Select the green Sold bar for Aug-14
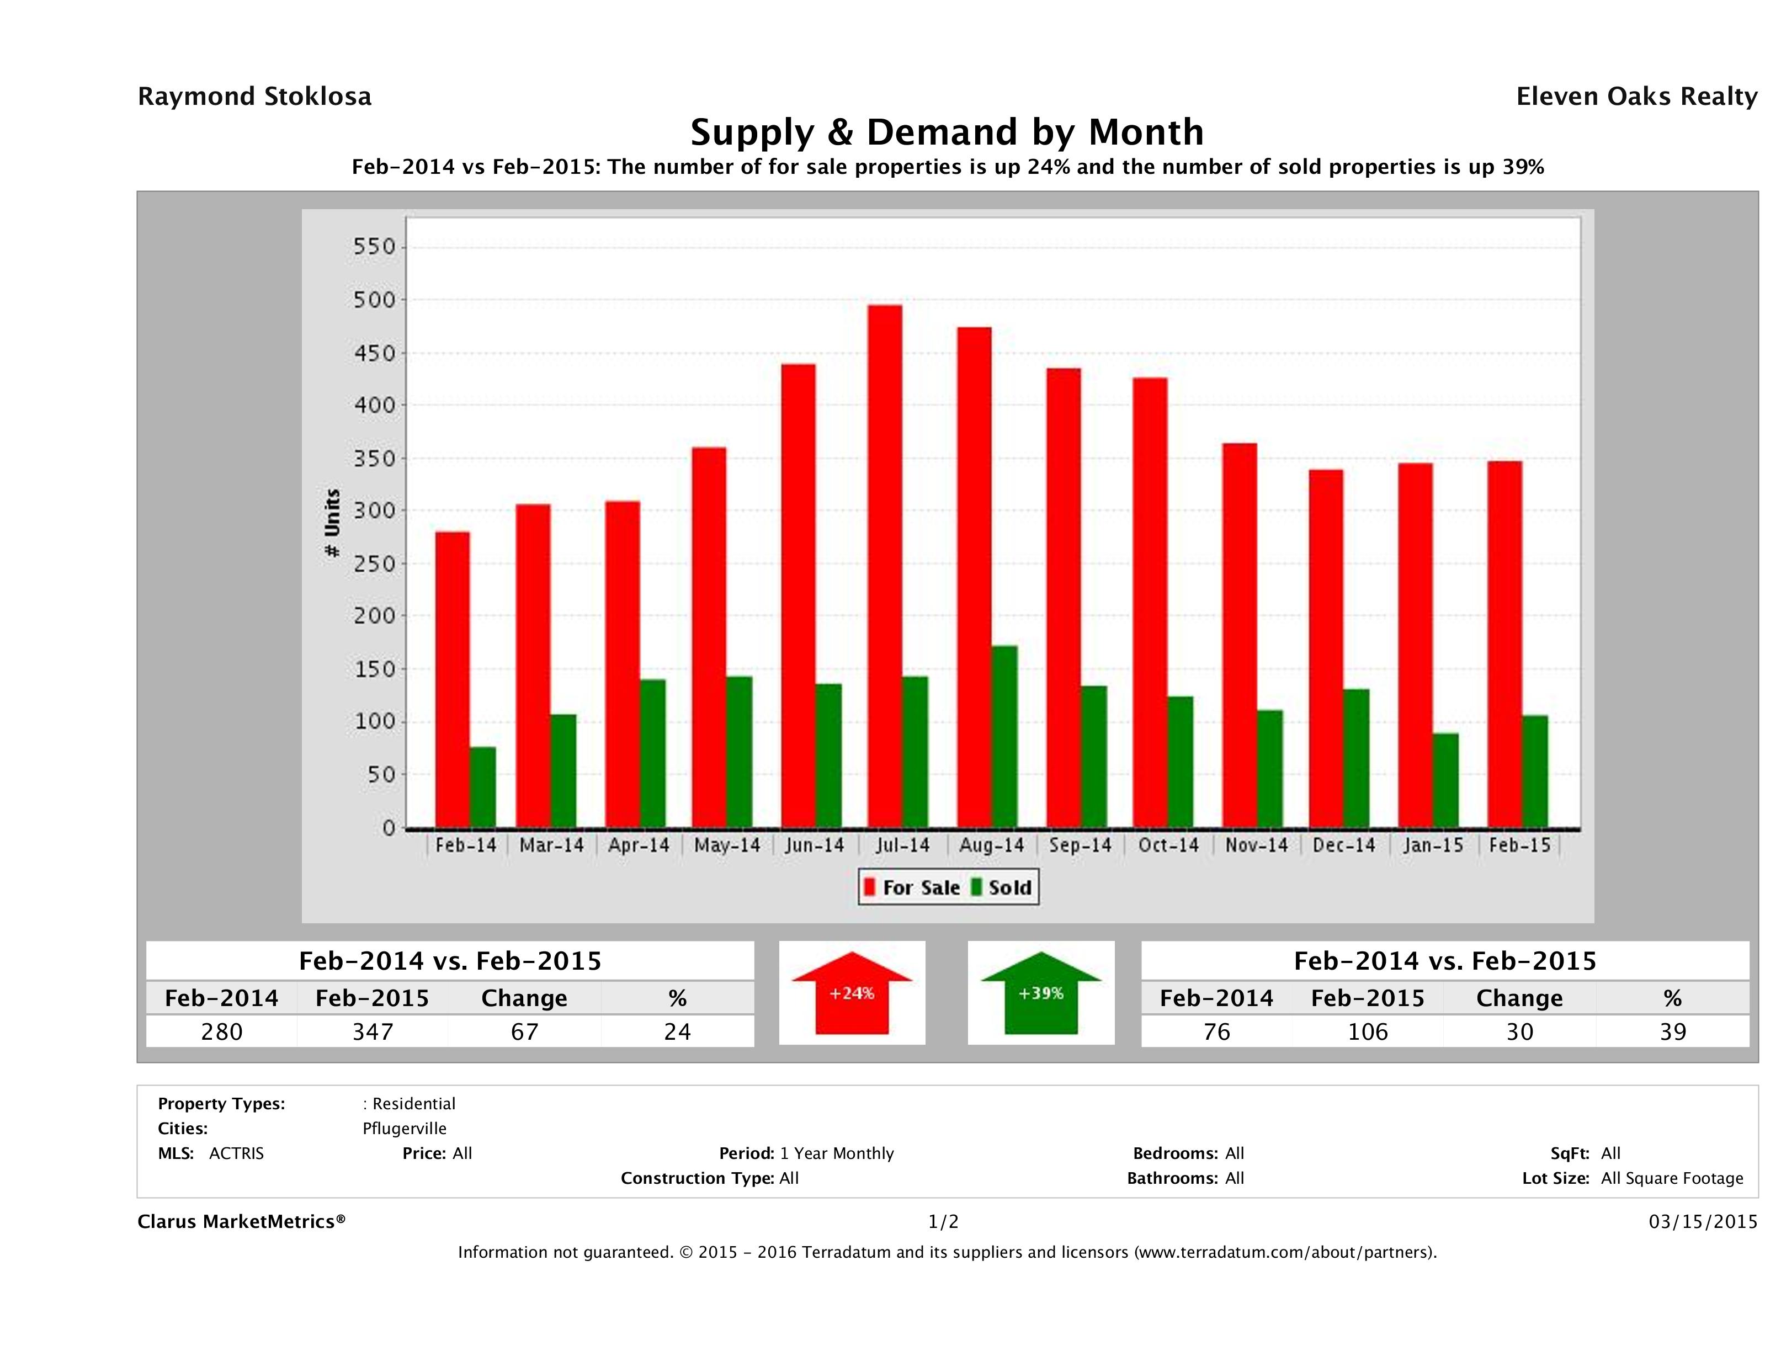coord(1004,737)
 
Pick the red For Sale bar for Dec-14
coord(1325,648)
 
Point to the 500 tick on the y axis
coord(375,300)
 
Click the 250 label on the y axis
coord(375,563)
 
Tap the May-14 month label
coord(727,845)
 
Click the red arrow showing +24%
coord(852,993)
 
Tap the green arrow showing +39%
coord(1041,993)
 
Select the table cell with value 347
coord(373,1031)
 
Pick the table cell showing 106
coord(1368,1031)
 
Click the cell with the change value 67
coord(524,1031)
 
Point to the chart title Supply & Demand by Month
coord(947,132)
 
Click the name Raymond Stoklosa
coord(254,97)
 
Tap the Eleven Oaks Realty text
coord(1636,97)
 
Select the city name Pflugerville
coord(404,1128)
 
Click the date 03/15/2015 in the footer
coord(1702,1221)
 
